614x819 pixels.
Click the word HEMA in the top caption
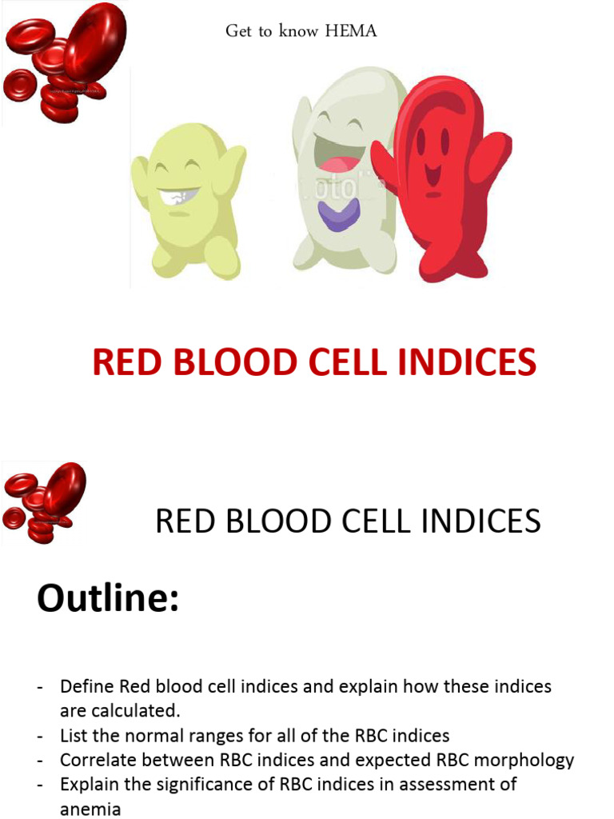pyautogui.click(x=351, y=31)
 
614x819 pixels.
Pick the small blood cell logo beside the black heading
pyautogui.click(x=44, y=501)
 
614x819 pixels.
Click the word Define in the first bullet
pyautogui.click(x=87, y=687)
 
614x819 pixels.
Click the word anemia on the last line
pyautogui.click(x=90, y=809)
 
